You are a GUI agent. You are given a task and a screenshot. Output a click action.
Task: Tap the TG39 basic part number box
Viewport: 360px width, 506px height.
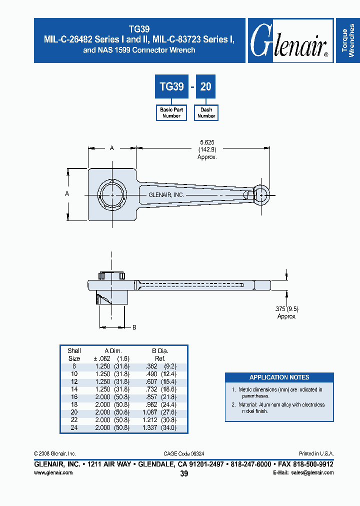tap(171, 86)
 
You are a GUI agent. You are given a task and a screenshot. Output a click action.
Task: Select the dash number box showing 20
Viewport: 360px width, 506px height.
tap(206, 86)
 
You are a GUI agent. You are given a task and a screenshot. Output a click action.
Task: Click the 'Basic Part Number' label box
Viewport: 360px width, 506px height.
tap(171, 112)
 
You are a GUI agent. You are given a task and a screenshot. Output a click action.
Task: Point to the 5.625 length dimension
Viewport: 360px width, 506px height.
tap(207, 142)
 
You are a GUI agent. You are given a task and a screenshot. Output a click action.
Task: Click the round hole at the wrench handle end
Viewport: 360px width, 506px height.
tap(261, 194)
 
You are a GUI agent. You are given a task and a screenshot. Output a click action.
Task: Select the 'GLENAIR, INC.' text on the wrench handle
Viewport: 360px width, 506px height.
tap(166, 195)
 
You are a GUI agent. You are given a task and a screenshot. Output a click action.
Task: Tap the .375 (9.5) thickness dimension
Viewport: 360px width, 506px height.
tap(286, 309)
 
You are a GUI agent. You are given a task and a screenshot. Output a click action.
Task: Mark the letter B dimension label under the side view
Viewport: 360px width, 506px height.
tap(134, 327)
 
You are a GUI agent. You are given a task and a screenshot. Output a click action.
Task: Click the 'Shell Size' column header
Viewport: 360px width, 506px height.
tap(74, 354)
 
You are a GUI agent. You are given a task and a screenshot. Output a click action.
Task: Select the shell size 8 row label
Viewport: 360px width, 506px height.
tap(74, 366)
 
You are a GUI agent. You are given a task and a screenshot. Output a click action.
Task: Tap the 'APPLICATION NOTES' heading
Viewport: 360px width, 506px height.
tap(279, 377)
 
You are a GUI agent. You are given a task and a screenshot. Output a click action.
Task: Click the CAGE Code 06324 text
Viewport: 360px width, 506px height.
tap(183, 453)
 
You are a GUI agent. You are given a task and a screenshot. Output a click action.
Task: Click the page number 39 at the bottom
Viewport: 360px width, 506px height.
tap(183, 473)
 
